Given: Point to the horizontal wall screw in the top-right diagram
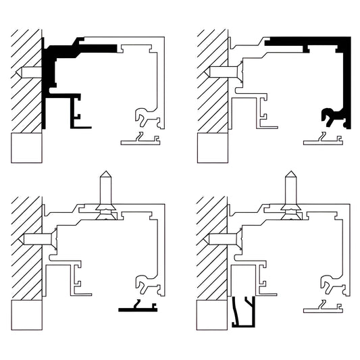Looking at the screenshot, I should click(220, 70).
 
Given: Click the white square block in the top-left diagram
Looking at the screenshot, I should click(26, 148).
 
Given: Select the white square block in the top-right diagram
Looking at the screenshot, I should click(211, 148).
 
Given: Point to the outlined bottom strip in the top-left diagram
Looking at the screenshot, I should click(140, 141).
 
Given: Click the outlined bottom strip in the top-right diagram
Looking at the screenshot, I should click(323, 141).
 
